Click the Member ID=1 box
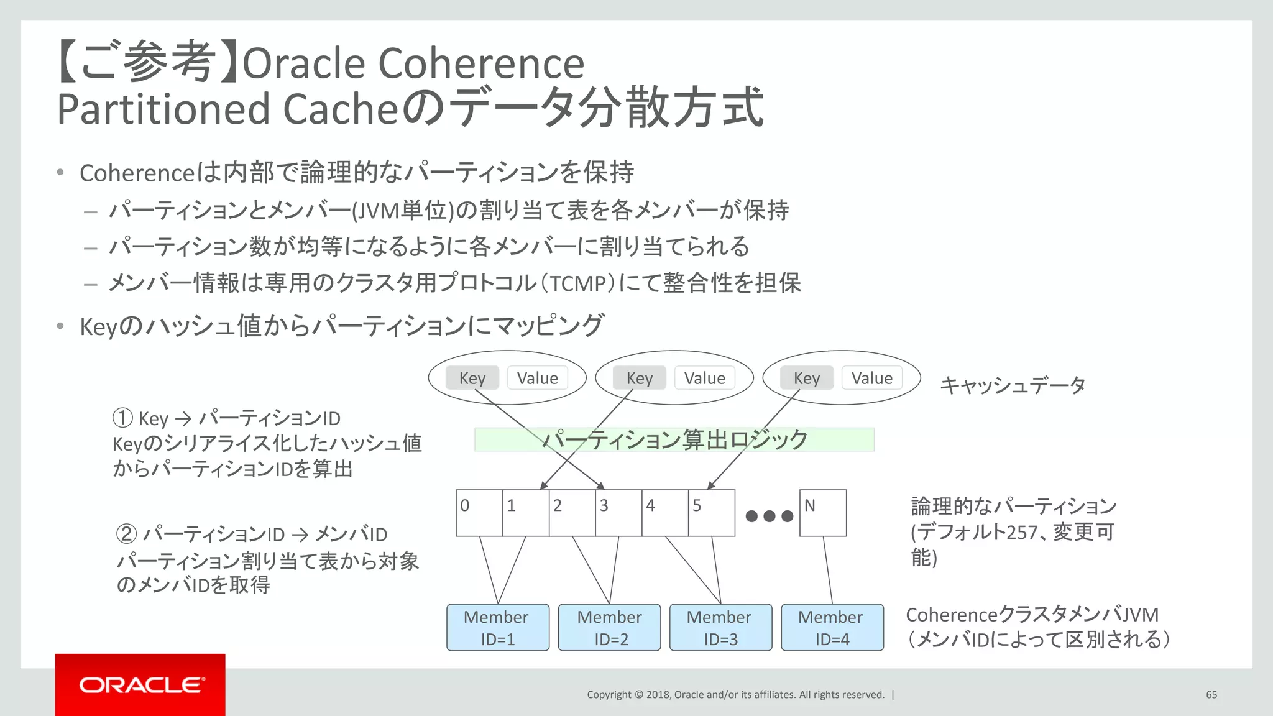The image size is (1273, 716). pyautogui.click(x=497, y=627)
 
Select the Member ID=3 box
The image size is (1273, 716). pyautogui.click(x=720, y=627)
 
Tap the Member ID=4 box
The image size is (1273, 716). pyautogui.click(x=832, y=627)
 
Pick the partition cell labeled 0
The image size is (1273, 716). pyautogui.click(x=479, y=513)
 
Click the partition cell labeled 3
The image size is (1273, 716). pyautogui.click(x=618, y=513)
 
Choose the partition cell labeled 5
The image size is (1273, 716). pyautogui.click(x=711, y=513)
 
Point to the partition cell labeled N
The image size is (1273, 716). pyautogui.click(x=822, y=513)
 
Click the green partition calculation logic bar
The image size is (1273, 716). pyautogui.click(x=674, y=439)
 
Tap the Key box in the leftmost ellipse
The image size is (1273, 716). pyautogui.click(x=472, y=378)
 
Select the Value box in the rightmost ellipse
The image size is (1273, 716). pyautogui.click(x=871, y=378)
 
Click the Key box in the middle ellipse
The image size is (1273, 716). pyautogui.click(x=639, y=378)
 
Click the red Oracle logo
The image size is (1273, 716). pyautogui.click(x=140, y=684)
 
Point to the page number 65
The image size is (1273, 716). pyautogui.click(x=1211, y=694)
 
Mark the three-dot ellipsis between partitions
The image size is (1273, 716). pyautogui.click(x=769, y=516)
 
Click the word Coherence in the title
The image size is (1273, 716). pyautogui.click(x=480, y=63)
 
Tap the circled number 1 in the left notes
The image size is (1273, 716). pyautogui.click(x=122, y=418)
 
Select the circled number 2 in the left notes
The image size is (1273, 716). pyautogui.click(x=126, y=534)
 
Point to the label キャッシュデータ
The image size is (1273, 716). pyautogui.click(x=1012, y=385)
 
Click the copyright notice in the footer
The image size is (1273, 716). pyautogui.click(x=735, y=694)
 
